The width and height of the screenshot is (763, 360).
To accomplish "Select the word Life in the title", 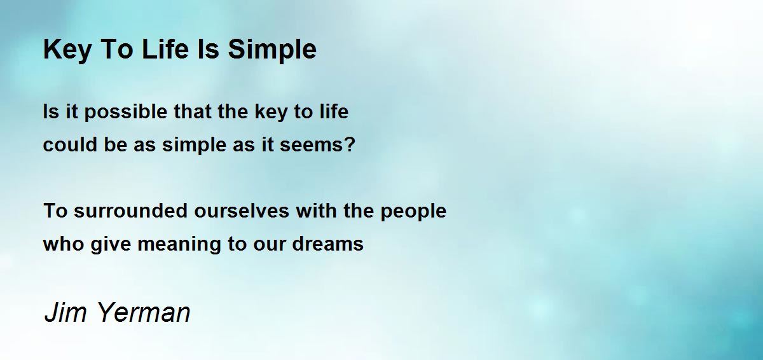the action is pyautogui.click(x=165, y=49).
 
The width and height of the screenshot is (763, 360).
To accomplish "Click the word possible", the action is pyautogui.click(x=126, y=113).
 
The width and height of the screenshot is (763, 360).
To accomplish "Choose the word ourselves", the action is pyautogui.click(x=242, y=211).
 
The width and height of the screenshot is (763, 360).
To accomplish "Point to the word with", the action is pyautogui.click(x=317, y=211).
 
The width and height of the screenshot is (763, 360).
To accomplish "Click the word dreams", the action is pyautogui.click(x=327, y=244).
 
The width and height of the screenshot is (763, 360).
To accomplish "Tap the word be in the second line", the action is pyautogui.click(x=116, y=144).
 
